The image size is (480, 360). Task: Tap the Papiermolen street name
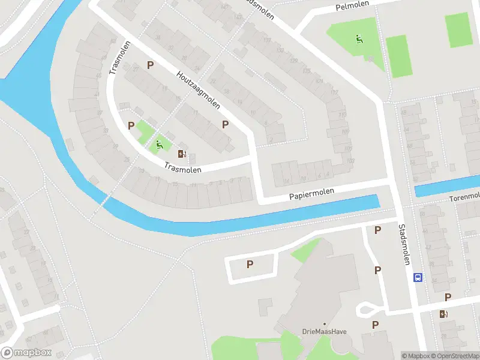311,194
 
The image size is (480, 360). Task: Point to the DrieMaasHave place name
325,332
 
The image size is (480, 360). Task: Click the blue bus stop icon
418,277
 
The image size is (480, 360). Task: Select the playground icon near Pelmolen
359,40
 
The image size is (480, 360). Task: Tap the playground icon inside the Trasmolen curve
160,144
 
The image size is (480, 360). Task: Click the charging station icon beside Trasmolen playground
182,154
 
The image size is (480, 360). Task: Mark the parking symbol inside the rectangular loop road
250,264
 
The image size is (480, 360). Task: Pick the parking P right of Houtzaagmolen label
226,124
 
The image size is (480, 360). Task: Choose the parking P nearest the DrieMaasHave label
375,325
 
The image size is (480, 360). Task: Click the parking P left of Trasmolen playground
131,125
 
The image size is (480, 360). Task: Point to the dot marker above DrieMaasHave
325,324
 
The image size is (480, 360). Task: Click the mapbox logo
26,353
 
